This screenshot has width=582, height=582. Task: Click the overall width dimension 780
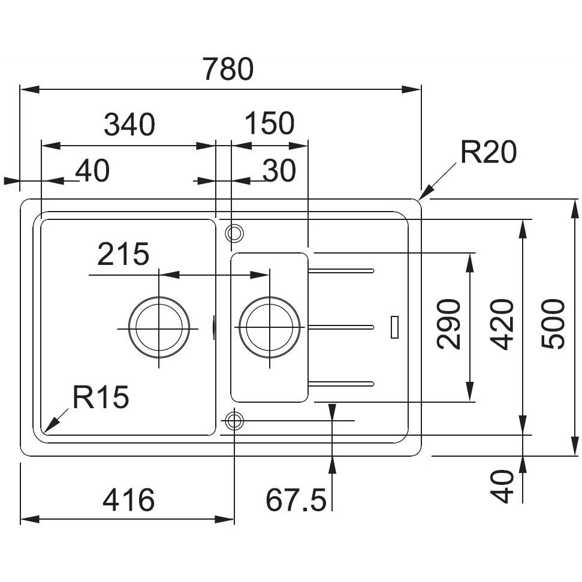point(228,70)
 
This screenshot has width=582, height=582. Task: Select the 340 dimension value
point(129,124)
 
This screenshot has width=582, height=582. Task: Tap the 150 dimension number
point(270,123)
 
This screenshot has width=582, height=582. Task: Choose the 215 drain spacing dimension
point(123,255)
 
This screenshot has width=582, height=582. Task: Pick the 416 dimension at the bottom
point(128,499)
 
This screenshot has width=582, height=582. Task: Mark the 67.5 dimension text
point(296,499)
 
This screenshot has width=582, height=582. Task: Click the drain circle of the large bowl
point(159,328)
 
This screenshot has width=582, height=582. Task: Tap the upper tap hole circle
point(234,231)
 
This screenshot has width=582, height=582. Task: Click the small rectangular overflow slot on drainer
point(394,327)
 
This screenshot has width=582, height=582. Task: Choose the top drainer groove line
point(342,271)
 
